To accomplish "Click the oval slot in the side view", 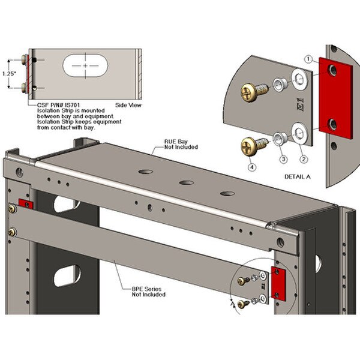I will (85, 64).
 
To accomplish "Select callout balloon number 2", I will (304, 159).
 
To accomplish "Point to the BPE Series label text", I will (146, 292).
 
